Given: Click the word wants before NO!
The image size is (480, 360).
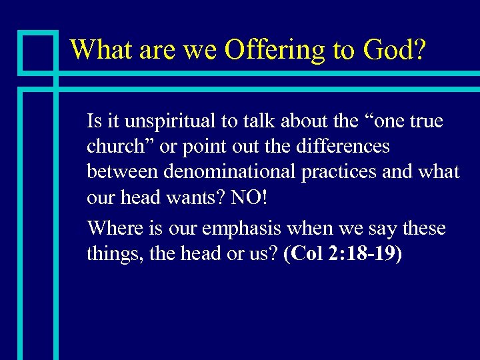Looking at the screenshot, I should tap(201, 197).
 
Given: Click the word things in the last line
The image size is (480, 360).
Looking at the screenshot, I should tap(111, 254).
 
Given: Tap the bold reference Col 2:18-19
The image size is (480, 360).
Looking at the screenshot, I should tap(343, 254).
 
